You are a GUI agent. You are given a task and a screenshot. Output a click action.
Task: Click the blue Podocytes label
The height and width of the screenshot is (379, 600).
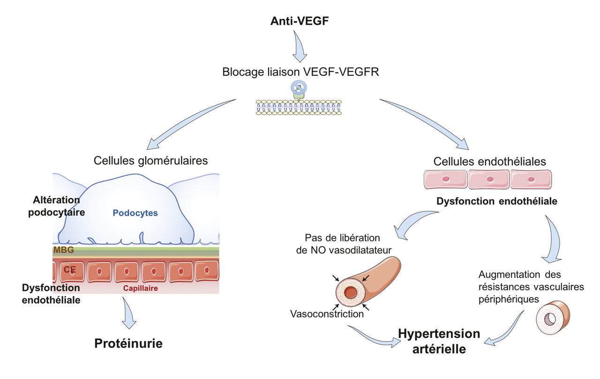click(x=135, y=213)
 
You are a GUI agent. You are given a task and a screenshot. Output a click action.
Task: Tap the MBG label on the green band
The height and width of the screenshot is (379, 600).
click(x=63, y=250)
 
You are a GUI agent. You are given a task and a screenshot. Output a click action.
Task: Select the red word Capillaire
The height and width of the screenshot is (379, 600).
click(x=140, y=288)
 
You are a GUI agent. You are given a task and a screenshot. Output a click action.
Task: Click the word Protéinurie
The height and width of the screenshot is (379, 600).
click(x=128, y=344)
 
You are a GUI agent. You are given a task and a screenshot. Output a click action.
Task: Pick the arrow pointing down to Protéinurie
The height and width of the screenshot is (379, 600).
click(x=129, y=315)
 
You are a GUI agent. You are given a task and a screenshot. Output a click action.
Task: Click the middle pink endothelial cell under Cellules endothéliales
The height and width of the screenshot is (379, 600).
click(x=489, y=179)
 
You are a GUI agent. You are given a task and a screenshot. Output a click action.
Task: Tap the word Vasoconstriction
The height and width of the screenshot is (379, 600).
click(x=327, y=314)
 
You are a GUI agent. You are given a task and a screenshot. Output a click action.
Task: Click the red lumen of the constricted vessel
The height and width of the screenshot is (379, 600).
click(x=351, y=293)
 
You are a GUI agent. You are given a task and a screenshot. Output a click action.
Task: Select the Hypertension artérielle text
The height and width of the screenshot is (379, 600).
click(x=439, y=341)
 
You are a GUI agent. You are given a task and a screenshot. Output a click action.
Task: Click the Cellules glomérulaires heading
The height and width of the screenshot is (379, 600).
click(x=150, y=160)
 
